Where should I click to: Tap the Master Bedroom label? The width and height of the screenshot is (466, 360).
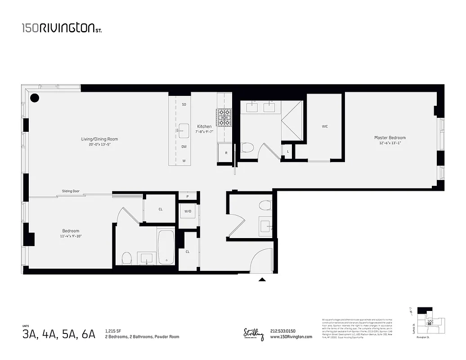click(x=390, y=138)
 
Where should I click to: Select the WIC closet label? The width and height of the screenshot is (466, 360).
click(x=325, y=126)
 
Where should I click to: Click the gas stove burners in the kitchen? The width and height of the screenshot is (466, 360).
click(x=224, y=117)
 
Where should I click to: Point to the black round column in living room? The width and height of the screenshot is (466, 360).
click(x=35, y=97)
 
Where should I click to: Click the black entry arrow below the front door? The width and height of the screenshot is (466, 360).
click(x=262, y=279)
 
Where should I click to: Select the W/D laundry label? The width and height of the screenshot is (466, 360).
click(x=188, y=211)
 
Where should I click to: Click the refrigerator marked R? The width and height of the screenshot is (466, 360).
click(x=226, y=153)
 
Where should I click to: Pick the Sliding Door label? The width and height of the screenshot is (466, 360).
click(x=71, y=191)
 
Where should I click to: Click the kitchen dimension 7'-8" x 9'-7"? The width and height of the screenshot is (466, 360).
click(x=204, y=132)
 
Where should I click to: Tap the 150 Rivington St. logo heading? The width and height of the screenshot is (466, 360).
click(x=63, y=28)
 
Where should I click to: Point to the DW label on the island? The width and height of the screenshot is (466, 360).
click(x=184, y=147)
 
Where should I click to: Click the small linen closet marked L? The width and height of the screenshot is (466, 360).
click(x=287, y=151)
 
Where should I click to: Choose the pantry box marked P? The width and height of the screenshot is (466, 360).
click(x=188, y=196)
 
